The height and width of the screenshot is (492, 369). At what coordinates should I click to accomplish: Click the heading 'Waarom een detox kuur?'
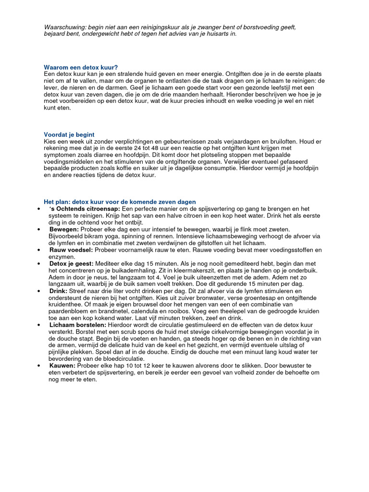click(x=81, y=67)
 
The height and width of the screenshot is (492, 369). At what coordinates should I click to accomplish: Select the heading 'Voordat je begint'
click(x=69, y=135)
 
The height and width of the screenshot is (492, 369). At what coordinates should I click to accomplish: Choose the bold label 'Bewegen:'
click(x=64, y=230)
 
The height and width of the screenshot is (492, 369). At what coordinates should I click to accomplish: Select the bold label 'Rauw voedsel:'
click(x=71, y=250)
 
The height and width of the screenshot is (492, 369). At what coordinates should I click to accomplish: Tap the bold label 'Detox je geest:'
click(x=72, y=264)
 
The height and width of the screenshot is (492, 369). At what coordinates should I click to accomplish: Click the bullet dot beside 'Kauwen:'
click(x=38, y=366)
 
